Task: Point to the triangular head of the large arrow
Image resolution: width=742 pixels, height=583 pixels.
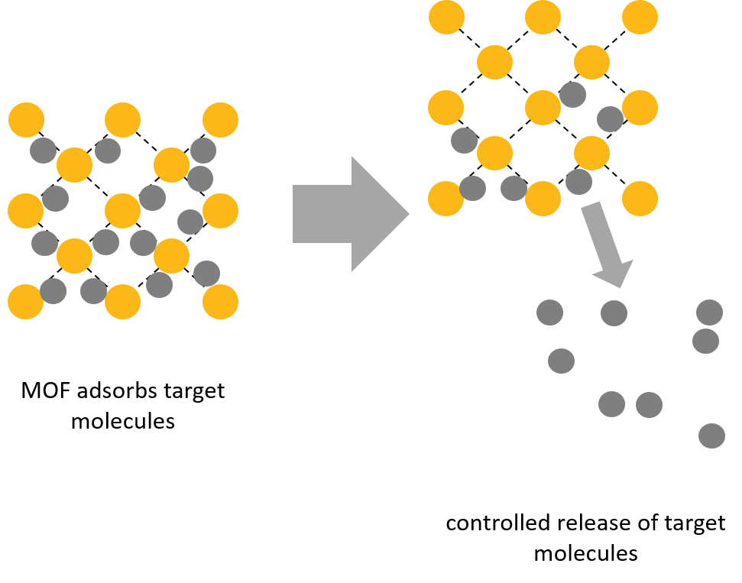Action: coord(378,214)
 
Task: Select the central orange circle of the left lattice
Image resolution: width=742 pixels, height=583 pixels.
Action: coord(122,211)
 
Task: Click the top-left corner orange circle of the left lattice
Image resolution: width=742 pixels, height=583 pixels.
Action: coord(26,120)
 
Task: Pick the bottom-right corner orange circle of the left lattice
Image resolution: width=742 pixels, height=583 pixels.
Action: coord(220,302)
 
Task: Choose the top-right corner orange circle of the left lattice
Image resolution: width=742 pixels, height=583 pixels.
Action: coord(220,120)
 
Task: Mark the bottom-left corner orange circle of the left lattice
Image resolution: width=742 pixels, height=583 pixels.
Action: coord(25,302)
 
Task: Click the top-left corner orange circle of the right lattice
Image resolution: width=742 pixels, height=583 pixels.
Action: coord(446,17)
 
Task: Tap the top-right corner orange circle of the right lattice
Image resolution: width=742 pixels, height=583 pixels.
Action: coord(640,17)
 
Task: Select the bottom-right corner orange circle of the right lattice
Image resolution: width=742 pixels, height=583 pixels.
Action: coord(640,199)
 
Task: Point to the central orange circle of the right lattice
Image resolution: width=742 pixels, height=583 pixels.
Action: coord(543,108)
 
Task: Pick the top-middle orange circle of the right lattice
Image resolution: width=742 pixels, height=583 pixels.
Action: coord(543,17)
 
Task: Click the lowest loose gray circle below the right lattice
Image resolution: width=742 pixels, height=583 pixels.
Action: coord(711,436)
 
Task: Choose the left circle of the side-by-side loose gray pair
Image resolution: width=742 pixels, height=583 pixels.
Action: coord(611,404)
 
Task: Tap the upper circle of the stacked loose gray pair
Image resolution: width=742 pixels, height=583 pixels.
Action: coord(709,313)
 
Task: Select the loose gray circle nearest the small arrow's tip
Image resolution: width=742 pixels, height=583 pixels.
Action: coord(614,313)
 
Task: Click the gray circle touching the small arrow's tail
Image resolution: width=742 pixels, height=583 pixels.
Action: coord(578,182)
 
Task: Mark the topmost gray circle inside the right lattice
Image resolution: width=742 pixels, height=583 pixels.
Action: coord(572,95)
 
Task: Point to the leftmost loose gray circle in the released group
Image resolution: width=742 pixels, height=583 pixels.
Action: coord(549,313)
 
